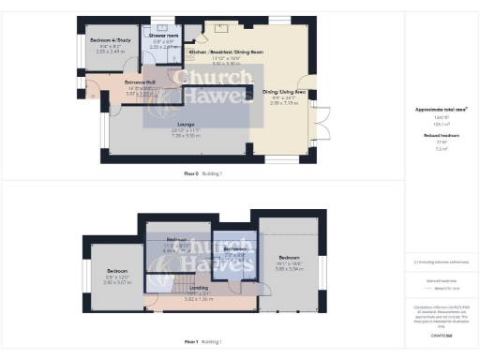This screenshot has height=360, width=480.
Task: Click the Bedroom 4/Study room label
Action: click(108, 41)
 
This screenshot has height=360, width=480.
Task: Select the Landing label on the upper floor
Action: click(199, 288)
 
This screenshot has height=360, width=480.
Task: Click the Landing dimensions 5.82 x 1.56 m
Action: click(199, 299)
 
